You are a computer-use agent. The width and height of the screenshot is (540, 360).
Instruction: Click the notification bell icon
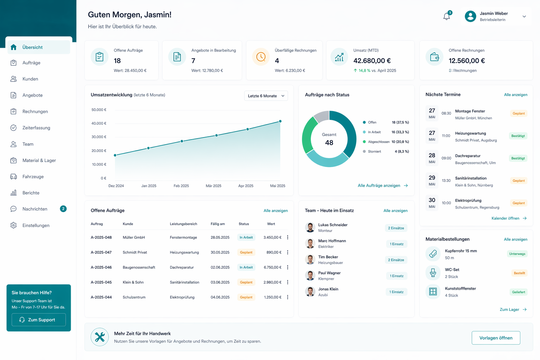(446, 17)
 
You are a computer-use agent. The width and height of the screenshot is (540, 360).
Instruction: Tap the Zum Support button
(39, 320)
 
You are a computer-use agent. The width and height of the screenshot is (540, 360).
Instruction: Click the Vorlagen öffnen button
(496, 338)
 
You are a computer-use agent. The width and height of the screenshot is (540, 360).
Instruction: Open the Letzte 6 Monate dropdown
(266, 96)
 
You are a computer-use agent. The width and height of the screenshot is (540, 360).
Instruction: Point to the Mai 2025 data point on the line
(280, 121)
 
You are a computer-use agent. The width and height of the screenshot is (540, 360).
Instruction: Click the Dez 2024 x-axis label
(116, 186)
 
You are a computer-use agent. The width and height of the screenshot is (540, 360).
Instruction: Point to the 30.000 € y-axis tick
(99, 137)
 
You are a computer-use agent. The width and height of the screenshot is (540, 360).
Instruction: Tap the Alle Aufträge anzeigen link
(383, 185)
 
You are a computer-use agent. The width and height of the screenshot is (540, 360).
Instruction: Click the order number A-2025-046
(101, 267)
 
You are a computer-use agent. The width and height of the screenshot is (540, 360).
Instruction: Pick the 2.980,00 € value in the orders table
(272, 282)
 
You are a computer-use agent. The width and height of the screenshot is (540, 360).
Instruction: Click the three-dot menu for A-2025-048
(288, 237)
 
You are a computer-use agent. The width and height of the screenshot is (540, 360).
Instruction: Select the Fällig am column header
(218, 224)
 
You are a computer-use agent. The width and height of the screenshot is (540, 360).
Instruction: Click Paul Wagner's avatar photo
(310, 276)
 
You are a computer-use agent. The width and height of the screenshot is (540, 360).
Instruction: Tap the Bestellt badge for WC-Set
(519, 273)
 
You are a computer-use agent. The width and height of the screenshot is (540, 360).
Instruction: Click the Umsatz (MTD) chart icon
(339, 57)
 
